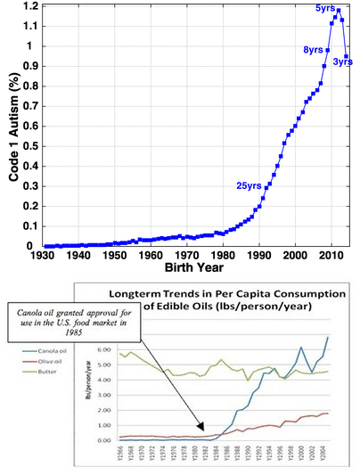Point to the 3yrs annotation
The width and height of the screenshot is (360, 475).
[343, 61]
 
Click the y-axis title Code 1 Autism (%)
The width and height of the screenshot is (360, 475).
[14, 126]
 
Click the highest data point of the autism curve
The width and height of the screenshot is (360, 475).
[338, 11]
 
